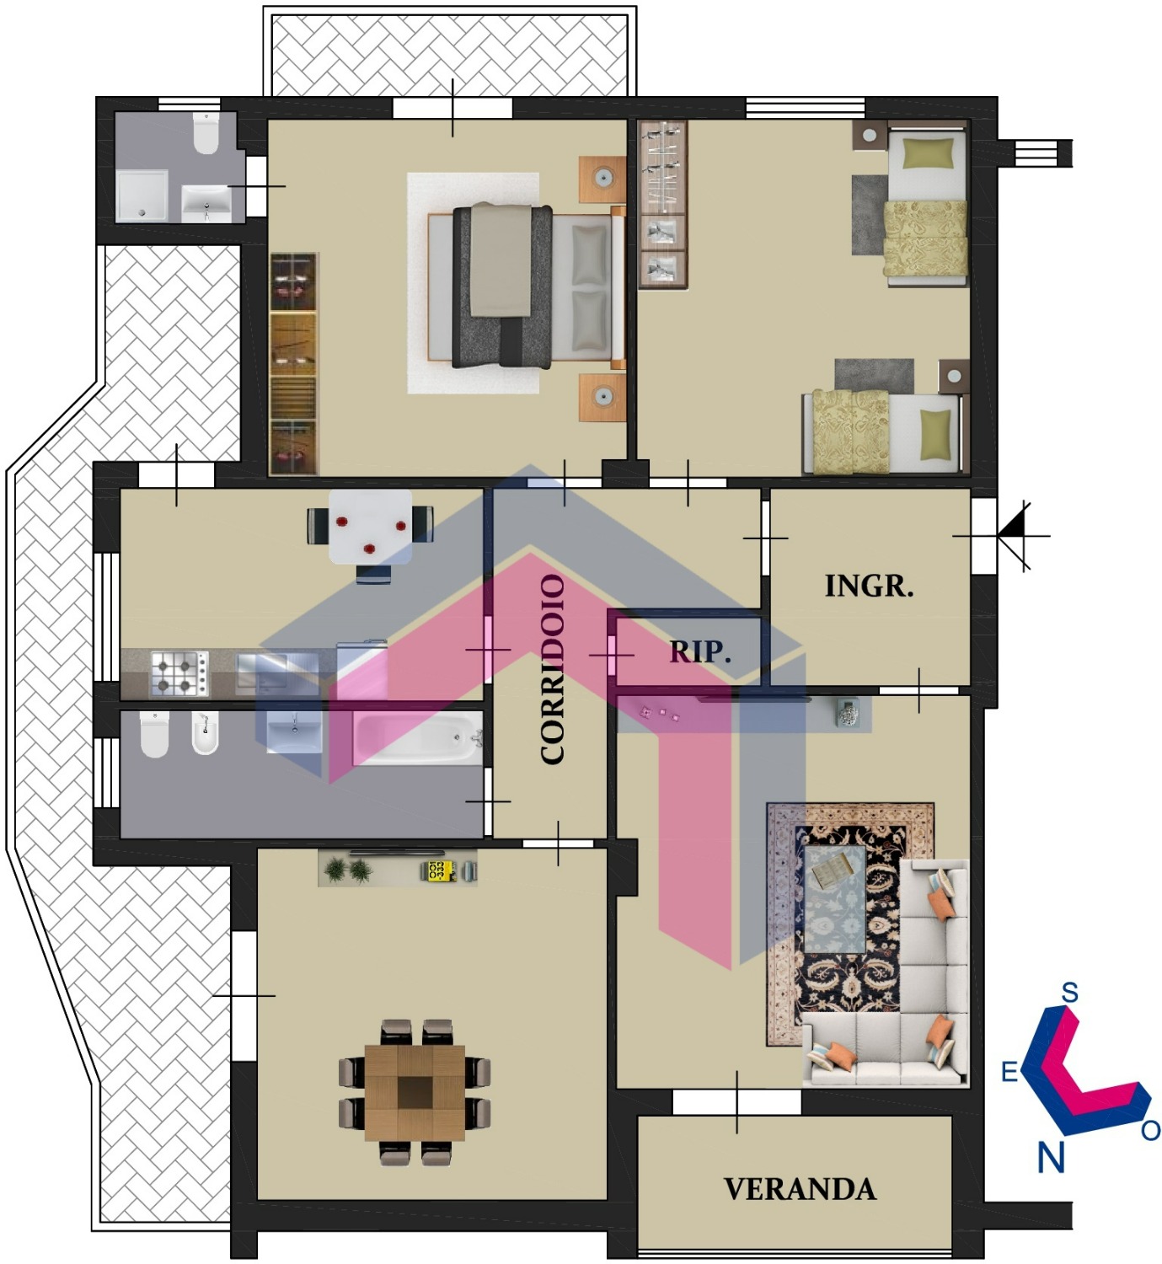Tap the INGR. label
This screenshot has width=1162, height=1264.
pos(869,586)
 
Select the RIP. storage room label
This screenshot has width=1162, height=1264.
pos(700,651)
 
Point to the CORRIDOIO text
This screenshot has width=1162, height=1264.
pos(553,669)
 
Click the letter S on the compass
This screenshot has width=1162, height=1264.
pos(1069,994)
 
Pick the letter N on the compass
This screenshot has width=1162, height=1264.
pos(1051,1157)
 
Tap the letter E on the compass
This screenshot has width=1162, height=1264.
pos(1009,1072)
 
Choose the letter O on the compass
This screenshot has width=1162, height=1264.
pos(1151,1131)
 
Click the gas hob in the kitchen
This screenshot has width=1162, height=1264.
pos(179,673)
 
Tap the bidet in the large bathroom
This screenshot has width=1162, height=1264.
pos(206,733)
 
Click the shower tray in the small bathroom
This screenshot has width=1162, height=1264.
pos(142,196)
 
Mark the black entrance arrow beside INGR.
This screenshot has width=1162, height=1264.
pos(1013,536)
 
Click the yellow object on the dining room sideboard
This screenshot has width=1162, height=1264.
pos(436,870)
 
